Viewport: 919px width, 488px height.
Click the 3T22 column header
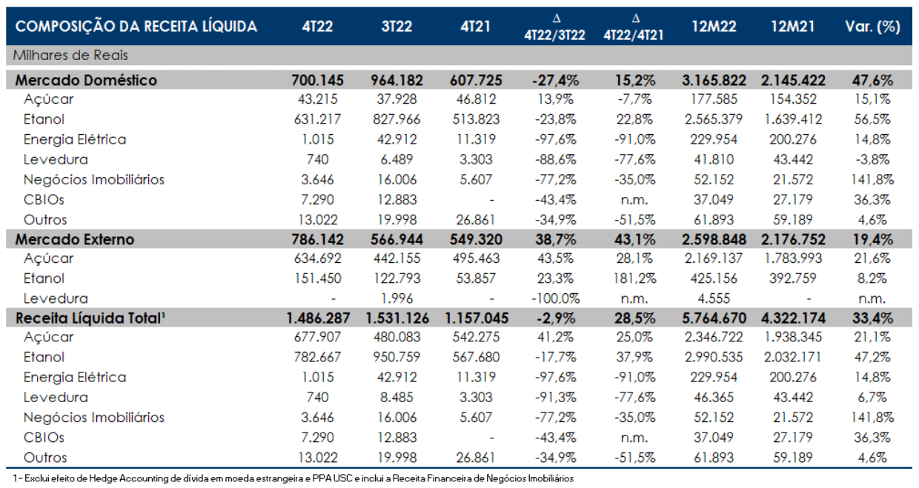[x=397, y=27]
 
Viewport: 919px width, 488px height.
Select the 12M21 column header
[x=793, y=27]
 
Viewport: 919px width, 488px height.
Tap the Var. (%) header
[x=872, y=27]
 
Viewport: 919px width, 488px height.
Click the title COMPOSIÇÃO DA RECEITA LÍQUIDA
[x=136, y=27]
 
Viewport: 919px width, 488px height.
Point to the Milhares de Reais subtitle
[x=70, y=56]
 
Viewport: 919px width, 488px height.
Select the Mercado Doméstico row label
[x=86, y=80]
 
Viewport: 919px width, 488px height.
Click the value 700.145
[x=317, y=80]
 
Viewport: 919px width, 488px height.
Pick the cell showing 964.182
[x=397, y=80]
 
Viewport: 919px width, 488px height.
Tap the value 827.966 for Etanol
[x=397, y=119]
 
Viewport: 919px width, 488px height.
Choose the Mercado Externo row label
[x=75, y=239]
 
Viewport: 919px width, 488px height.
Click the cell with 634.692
[x=317, y=258]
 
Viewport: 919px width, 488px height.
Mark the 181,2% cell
[x=634, y=278]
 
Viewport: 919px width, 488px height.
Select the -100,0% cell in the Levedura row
[x=556, y=298]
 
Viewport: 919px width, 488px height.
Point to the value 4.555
[x=714, y=298]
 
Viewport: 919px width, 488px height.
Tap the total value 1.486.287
[x=318, y=318]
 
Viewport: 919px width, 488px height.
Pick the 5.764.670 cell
[x=714, y=318]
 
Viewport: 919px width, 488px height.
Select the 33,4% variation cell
[x=872, y=318]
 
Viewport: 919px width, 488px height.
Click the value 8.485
[x=397, y=398]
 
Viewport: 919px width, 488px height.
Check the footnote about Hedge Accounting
[x=293, y=478]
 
